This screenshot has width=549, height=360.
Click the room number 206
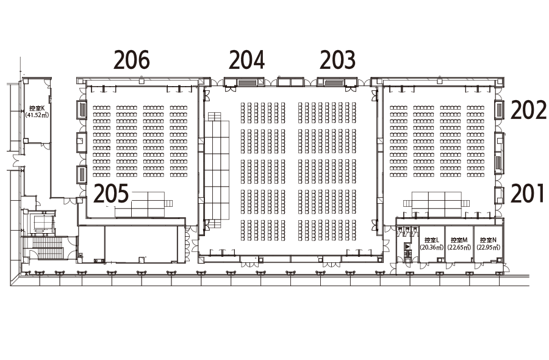(132, 60)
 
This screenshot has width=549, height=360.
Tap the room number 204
(246, 60)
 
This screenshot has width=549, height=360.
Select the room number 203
(337, 60)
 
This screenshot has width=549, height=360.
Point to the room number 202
(528, 110)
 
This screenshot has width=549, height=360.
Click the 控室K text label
(37, 109)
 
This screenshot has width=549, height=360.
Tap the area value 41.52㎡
(37, 115)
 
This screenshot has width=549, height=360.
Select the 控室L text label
(432, 240)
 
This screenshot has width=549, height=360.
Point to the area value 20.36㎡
(432, 247)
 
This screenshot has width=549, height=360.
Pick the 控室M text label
(459, 240)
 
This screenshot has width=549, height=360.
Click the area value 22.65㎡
(459, 247)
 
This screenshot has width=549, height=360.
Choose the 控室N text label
(488, 240)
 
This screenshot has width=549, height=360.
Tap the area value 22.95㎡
(488, 247)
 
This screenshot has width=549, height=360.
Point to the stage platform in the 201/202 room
(436, 204)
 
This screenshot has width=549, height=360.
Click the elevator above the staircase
(44, 223)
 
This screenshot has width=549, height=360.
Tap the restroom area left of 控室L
(407, 243)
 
